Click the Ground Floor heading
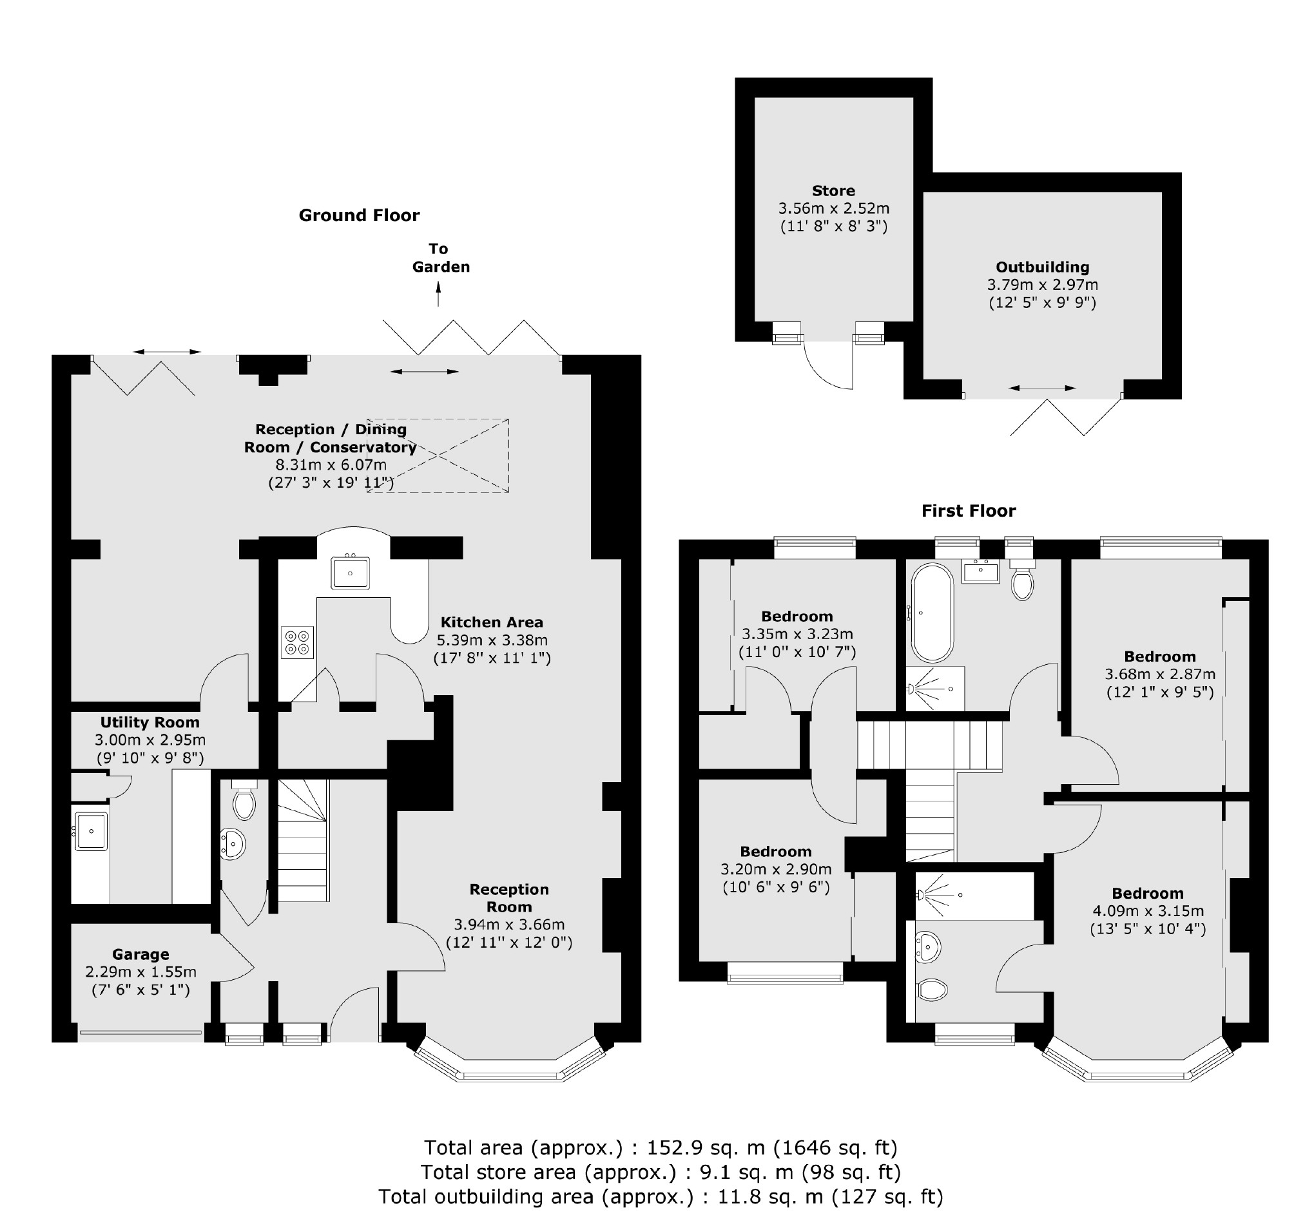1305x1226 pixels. (359, 215)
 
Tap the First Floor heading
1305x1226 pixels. (968, 511)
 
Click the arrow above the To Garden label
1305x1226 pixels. (438, 293)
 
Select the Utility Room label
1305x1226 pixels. (150, 722)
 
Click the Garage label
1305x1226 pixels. (140, 954)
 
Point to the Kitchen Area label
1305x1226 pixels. (492, 622)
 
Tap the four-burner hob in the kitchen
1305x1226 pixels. (297, 642)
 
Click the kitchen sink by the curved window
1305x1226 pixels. (351, 573)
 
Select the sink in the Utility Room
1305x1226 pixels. (91, 831)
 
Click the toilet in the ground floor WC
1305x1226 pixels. (244, 800)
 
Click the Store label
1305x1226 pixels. (834, 191)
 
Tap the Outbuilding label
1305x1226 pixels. (1043, 267)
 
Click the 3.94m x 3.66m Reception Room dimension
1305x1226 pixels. (509, 924)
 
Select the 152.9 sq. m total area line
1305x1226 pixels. (661, 1147)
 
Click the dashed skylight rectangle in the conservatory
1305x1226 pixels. (438, 455)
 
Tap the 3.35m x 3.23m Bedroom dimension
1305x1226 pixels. (798, 634)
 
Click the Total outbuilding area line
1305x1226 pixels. (661, 1196)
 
